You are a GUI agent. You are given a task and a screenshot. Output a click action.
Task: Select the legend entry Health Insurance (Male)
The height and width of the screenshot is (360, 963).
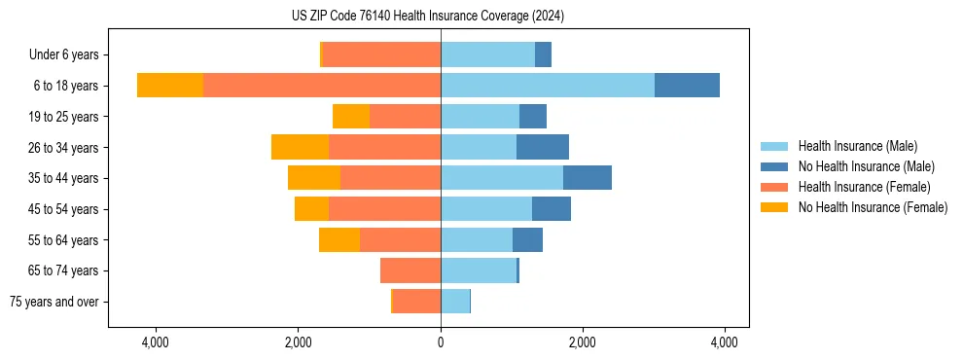(x=856, y=146)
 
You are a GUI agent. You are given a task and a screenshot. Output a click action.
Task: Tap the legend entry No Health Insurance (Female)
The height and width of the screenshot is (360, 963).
(x=873, y=207)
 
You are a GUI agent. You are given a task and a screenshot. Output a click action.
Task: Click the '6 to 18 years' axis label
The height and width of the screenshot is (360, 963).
(x=65, y=86)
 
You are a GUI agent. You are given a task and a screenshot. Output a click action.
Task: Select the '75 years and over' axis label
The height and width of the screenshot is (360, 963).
(x=53, y=302)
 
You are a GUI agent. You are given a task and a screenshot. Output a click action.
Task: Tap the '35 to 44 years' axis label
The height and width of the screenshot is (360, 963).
(x=62, y=178)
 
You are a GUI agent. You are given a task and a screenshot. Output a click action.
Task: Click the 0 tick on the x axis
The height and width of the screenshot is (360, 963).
(x=441, y=342)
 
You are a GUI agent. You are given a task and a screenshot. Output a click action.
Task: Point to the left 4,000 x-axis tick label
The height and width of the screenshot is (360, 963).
(x=156, y=342)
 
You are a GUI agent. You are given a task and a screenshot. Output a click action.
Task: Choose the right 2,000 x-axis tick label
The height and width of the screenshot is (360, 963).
(x=582, y=342)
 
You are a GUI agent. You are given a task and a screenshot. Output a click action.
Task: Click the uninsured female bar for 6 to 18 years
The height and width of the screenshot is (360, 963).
(x=170, y=86)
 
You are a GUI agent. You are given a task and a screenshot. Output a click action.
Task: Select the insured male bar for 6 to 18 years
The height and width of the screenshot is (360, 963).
(x=548, y=86)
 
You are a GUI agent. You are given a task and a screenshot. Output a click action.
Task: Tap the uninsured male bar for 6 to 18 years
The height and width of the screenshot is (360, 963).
(x=687, y=86)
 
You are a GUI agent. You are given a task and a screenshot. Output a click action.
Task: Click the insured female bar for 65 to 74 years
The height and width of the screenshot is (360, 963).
(x=410, y=270)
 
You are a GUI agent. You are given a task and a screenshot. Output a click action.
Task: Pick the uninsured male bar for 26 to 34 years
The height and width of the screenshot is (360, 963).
(x=543, y=147)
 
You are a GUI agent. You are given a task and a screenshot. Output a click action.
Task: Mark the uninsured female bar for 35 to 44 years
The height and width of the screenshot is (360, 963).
(x=314, y=178)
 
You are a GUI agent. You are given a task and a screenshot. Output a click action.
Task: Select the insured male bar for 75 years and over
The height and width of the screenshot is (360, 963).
(x=455, y=302)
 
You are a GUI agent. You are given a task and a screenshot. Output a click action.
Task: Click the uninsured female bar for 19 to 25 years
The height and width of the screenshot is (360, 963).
(x=351, y=117)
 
